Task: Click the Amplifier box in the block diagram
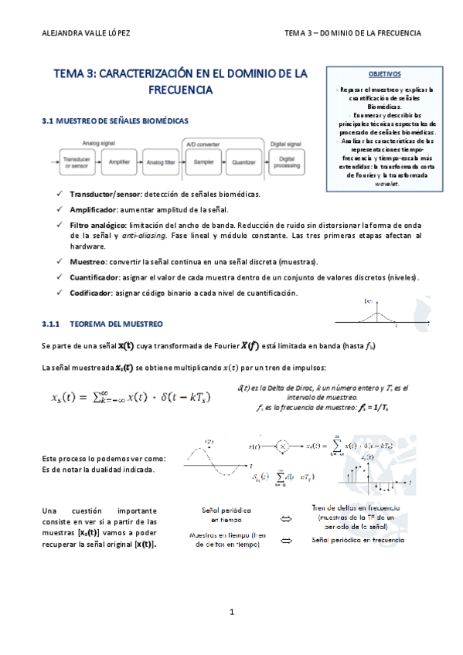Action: [x=119, y=162]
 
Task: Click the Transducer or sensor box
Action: [x=78, y=162]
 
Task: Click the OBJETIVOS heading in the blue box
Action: [x=384, y=74]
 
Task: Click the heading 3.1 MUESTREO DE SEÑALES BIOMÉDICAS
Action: [x=114, y=122]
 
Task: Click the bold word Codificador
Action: [x=90, y=293]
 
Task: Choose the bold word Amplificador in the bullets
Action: [x=93, y=209]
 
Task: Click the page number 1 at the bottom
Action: [x=231, y=612]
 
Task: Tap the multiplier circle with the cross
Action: [x=283, y=446]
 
